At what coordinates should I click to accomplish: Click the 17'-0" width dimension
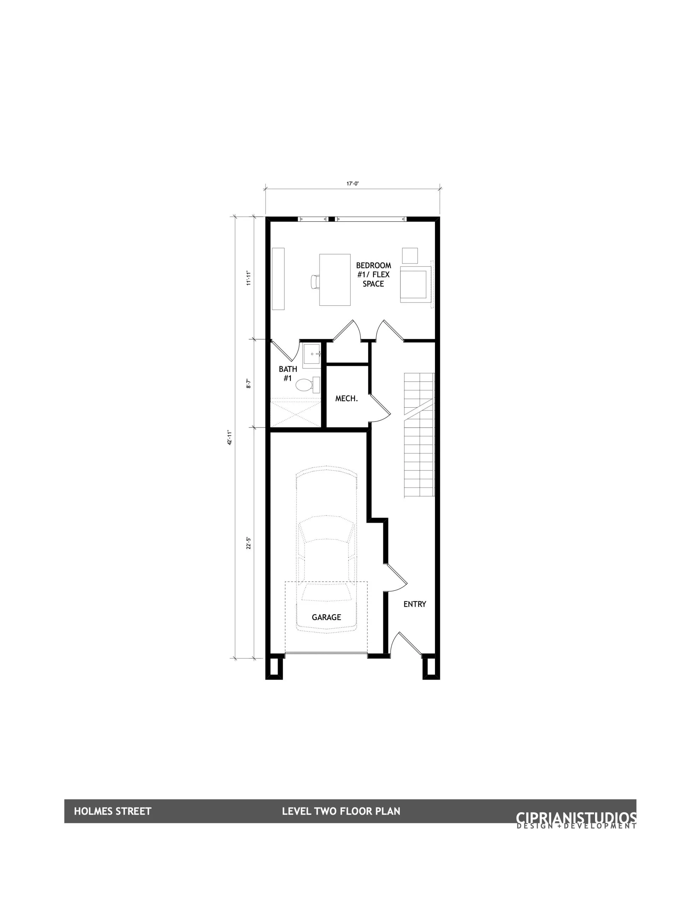coord(353,183)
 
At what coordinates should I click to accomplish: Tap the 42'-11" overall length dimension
coord(229,437)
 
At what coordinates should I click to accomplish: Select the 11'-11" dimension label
coord(248,278)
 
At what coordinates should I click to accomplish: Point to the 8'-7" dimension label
coord(248,383)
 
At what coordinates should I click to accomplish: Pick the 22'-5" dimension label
coord(248,543)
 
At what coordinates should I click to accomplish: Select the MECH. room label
coord(346,399)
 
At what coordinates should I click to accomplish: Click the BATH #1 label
coord(288,374)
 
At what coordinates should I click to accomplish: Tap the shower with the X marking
coord(295,411)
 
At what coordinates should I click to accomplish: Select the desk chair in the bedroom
coord(315,282)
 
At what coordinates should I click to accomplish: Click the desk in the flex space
coord(335,280)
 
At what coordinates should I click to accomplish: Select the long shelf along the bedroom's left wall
coord(278,279)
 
